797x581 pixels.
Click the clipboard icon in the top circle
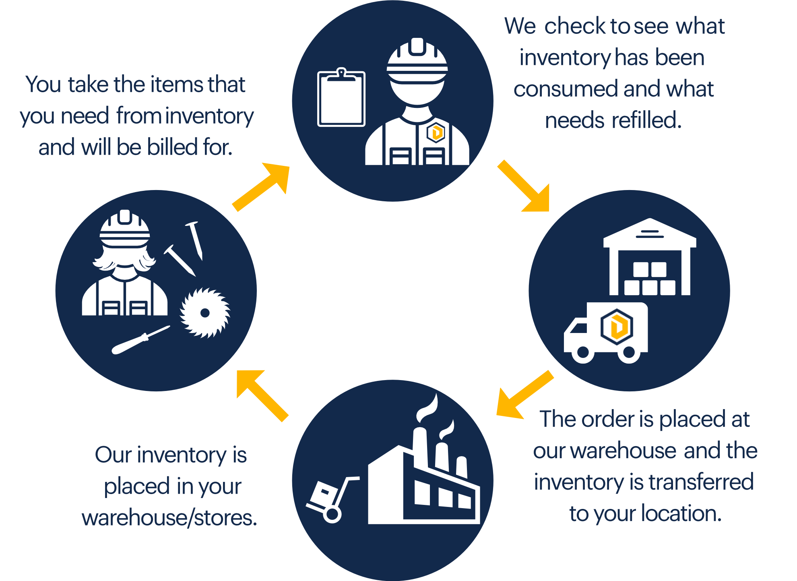pos(341,99)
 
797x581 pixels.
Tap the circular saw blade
pos(205,313)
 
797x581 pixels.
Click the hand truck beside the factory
pos(330,499)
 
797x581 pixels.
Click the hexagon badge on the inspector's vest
pos(436,132)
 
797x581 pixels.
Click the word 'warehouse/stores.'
pos(169,518)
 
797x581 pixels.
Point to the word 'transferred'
pos(701,482)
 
